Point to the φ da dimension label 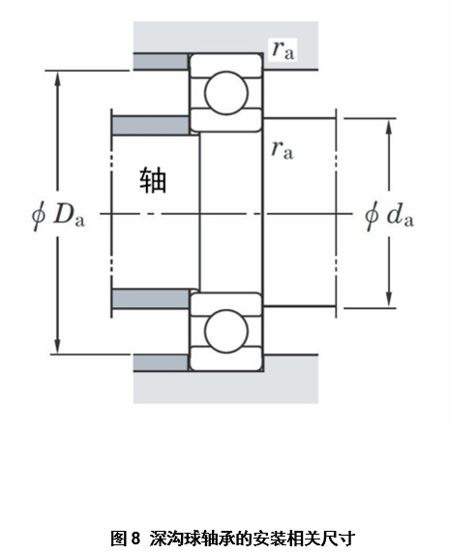click(x=389, y=214)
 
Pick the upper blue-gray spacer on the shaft click(x=156, y=126)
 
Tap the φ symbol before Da click(x=38, y=212)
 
